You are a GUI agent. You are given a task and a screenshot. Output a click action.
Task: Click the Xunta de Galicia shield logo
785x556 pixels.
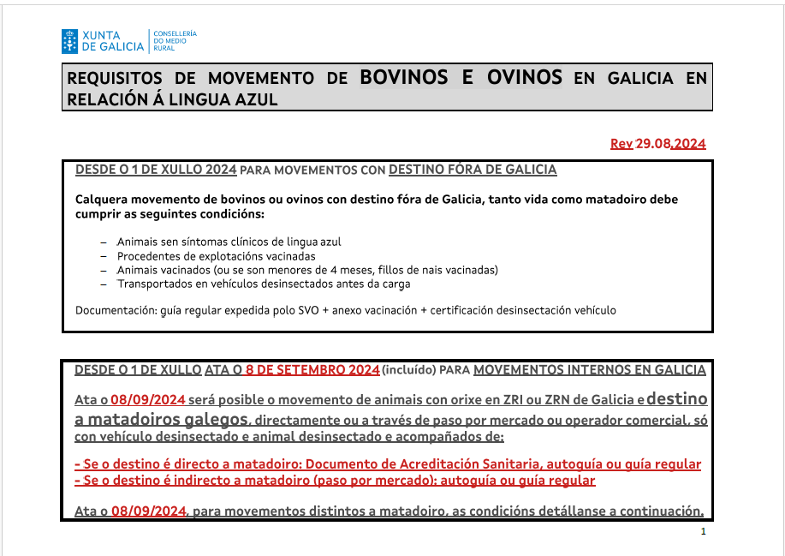[69, 40]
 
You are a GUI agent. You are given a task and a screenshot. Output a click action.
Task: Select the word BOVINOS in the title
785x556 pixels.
[403, 77]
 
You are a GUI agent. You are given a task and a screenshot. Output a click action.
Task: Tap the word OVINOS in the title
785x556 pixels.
[524, 77]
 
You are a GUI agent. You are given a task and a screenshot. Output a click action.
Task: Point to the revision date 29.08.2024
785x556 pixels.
[670, 144]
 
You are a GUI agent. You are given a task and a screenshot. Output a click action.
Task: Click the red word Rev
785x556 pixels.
[621, 144]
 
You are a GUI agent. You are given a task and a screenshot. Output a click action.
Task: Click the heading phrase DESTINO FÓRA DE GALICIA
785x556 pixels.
[473, 170]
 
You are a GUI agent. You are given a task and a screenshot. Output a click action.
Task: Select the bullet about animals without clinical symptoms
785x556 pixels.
[229, 242]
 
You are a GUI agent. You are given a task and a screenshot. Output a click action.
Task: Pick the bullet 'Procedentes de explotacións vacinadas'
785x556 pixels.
[216, 256]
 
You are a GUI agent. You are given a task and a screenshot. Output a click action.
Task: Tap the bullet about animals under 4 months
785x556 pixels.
[307, 270]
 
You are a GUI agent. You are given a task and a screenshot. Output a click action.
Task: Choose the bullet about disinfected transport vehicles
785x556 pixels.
[264, 284]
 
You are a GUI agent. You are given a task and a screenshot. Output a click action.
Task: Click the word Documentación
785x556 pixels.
[115, 310]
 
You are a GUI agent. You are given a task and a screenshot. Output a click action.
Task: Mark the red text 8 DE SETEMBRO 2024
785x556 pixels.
[312, 370]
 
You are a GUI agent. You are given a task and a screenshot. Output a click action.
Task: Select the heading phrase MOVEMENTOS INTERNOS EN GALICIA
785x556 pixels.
[589, 370]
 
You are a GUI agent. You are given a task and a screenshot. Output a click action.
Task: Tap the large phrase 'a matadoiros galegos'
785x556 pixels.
[162, 420]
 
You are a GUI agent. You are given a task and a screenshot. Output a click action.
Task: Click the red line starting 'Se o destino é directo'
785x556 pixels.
[388, 464]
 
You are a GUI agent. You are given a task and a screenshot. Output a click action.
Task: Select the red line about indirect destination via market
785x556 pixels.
[335, 481]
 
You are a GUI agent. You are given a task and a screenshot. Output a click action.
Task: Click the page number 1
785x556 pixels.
[703, 532]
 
